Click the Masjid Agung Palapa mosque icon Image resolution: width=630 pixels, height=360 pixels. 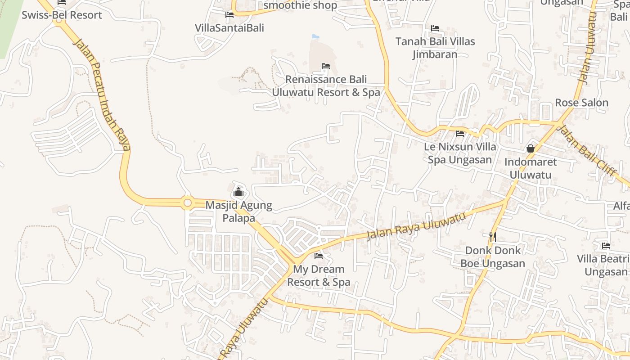(x=238, y=193)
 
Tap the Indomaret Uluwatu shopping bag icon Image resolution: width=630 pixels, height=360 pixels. (x=531, y=148)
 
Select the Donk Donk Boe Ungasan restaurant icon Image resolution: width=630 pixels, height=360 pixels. (x=493, y=237)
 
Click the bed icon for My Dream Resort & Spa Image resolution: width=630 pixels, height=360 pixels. (x=319, y=256)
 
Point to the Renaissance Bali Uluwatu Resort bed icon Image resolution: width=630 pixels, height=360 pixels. (x=326, y=67)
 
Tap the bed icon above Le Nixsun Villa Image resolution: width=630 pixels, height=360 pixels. (x=460, y=134)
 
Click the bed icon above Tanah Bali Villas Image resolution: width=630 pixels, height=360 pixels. (x=435, y=28)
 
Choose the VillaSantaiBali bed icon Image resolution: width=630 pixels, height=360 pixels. (x=229, y=15)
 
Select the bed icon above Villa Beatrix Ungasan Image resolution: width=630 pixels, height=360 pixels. (x=606, y=246)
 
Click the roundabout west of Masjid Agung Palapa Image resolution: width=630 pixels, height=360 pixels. (x=188, y=203)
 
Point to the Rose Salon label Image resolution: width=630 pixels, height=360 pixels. (x=581, y=103)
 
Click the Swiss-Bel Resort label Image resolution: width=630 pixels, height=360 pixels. (x=62, y=15)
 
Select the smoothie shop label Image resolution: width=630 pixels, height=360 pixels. (x=300, y=5)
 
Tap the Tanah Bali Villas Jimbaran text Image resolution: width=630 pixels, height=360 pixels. (x=435, y=48)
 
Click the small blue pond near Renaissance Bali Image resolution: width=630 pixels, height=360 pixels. (x=315, y=36)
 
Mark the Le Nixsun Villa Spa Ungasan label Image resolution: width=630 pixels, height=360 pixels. (x=460, y=153)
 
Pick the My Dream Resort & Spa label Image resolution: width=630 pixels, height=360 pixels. (x=319, y=275)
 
